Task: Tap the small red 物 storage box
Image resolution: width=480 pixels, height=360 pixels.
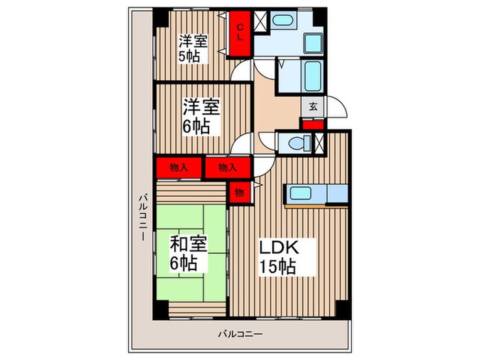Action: (239, 192)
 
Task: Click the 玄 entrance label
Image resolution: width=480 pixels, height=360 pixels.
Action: (312, 108)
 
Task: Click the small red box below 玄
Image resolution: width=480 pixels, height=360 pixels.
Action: (312, 125)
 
